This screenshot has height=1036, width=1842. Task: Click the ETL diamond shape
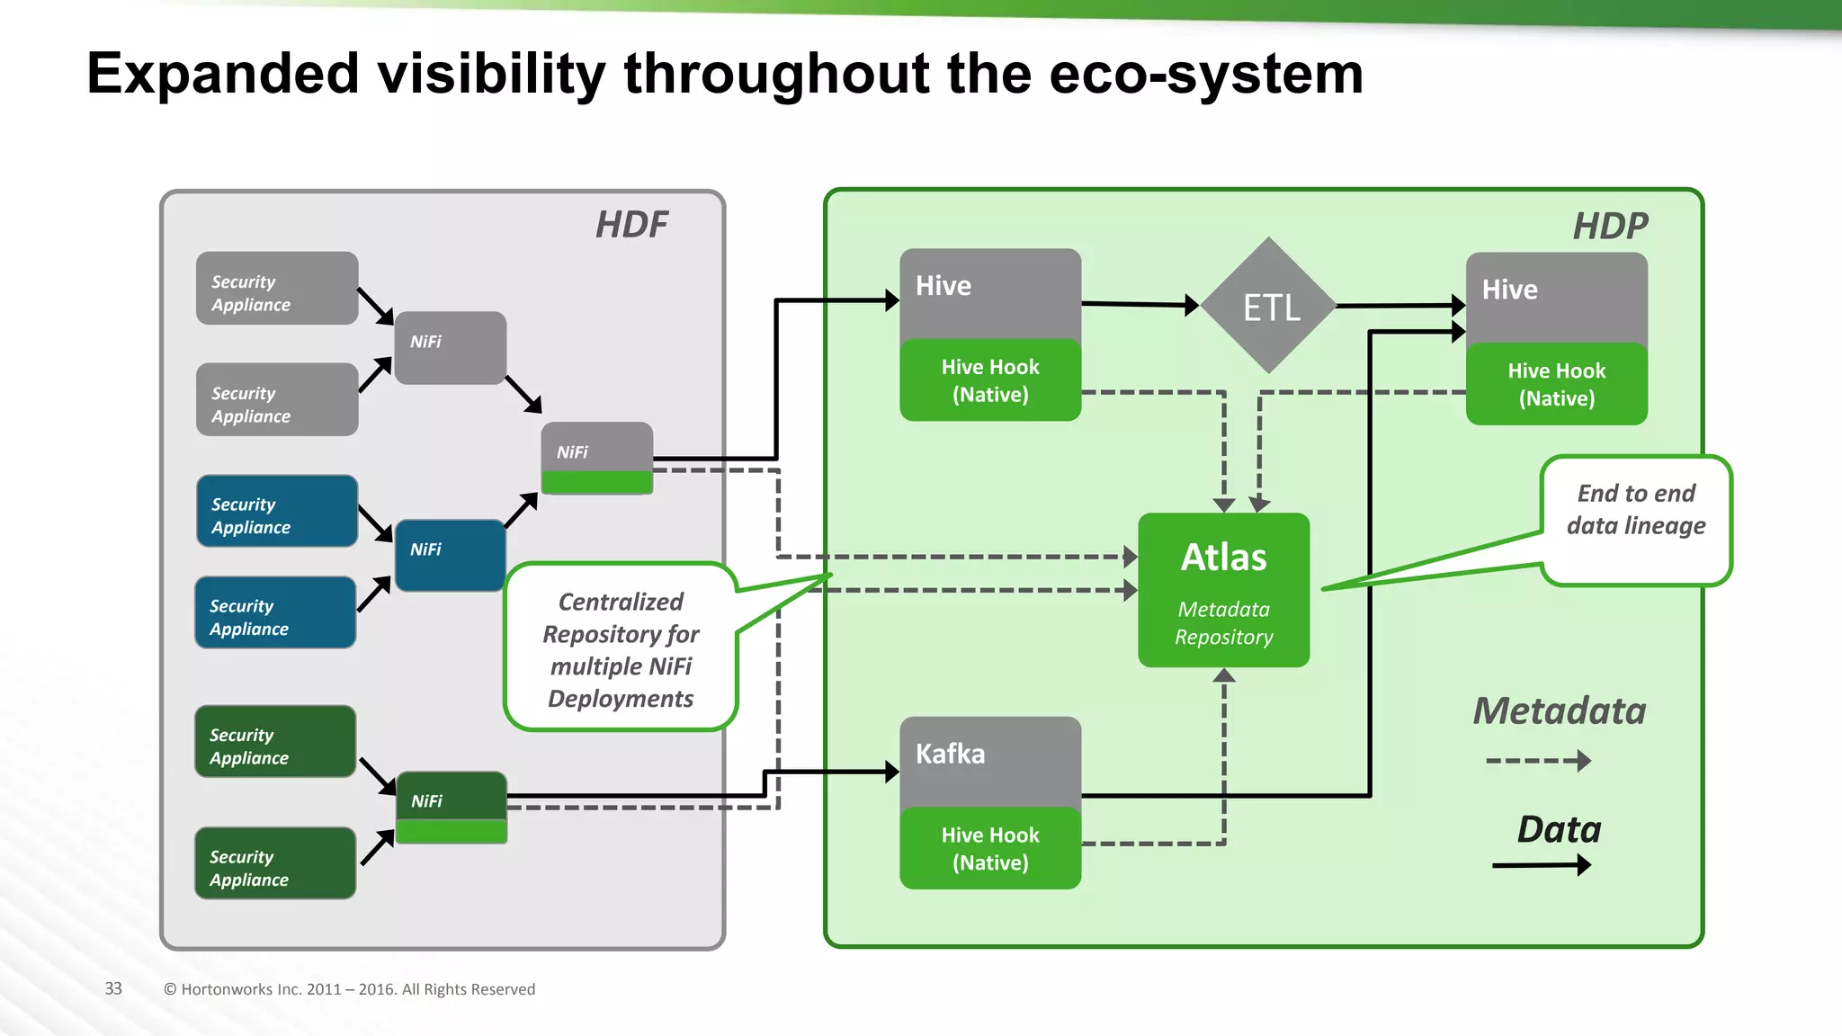point(1269,307)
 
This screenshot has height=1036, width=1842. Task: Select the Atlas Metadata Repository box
point(1223,590)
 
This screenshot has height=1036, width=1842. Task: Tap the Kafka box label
point(951,754)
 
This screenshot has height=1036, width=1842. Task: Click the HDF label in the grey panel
point(631,225)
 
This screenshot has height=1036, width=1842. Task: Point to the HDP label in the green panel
point(1610,227)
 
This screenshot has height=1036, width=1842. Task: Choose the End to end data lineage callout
point(1635,510)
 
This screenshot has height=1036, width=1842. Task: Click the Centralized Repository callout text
point(621,649)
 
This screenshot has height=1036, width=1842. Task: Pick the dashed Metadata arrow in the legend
point(1538,761)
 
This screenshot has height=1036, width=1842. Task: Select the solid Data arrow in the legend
point(1541,865)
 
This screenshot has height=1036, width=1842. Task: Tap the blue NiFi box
point(450,554)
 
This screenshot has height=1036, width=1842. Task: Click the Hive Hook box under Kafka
point(990,848)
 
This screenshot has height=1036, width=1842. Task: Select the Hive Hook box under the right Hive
point(1556,384)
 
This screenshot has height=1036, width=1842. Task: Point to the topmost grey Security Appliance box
point(277,289)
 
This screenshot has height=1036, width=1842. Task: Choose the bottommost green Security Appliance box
point(275,863)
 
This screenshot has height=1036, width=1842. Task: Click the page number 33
point(113,988)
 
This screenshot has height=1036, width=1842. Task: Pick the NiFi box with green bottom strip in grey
point(596,457)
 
